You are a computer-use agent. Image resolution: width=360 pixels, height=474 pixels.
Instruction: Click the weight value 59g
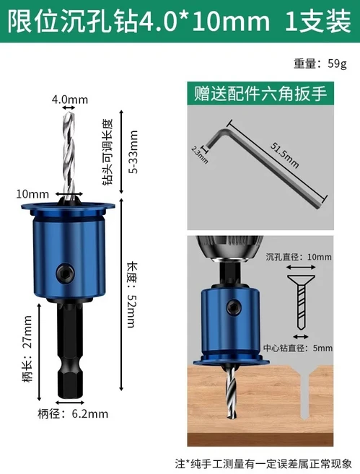pos(337,63)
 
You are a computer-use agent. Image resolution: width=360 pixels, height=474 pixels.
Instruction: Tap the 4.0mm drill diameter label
pos(70,100)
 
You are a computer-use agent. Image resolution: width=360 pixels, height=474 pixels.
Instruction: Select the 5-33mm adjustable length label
pos(133,152)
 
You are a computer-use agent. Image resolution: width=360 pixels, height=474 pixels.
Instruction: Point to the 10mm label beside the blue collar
pos(32,194)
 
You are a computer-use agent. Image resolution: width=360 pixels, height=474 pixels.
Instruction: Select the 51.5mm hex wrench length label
pos(284,155)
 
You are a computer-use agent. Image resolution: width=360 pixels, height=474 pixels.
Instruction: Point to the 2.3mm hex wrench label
pos(200,155)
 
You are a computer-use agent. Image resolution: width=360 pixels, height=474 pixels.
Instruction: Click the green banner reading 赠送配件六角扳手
pos(260,93)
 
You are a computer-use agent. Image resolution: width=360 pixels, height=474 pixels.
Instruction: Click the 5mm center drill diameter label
pos(322,348)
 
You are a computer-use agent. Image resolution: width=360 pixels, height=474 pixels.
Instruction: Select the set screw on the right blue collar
pos(233,308)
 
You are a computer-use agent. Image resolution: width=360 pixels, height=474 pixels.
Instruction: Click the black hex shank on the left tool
pos(70,348)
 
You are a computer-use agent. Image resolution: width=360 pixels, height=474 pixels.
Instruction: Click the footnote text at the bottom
pos(263,463)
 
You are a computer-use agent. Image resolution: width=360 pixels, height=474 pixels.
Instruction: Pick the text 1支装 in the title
pos(318,21)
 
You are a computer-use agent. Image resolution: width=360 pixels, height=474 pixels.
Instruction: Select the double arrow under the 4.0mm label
pos(69,108)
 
